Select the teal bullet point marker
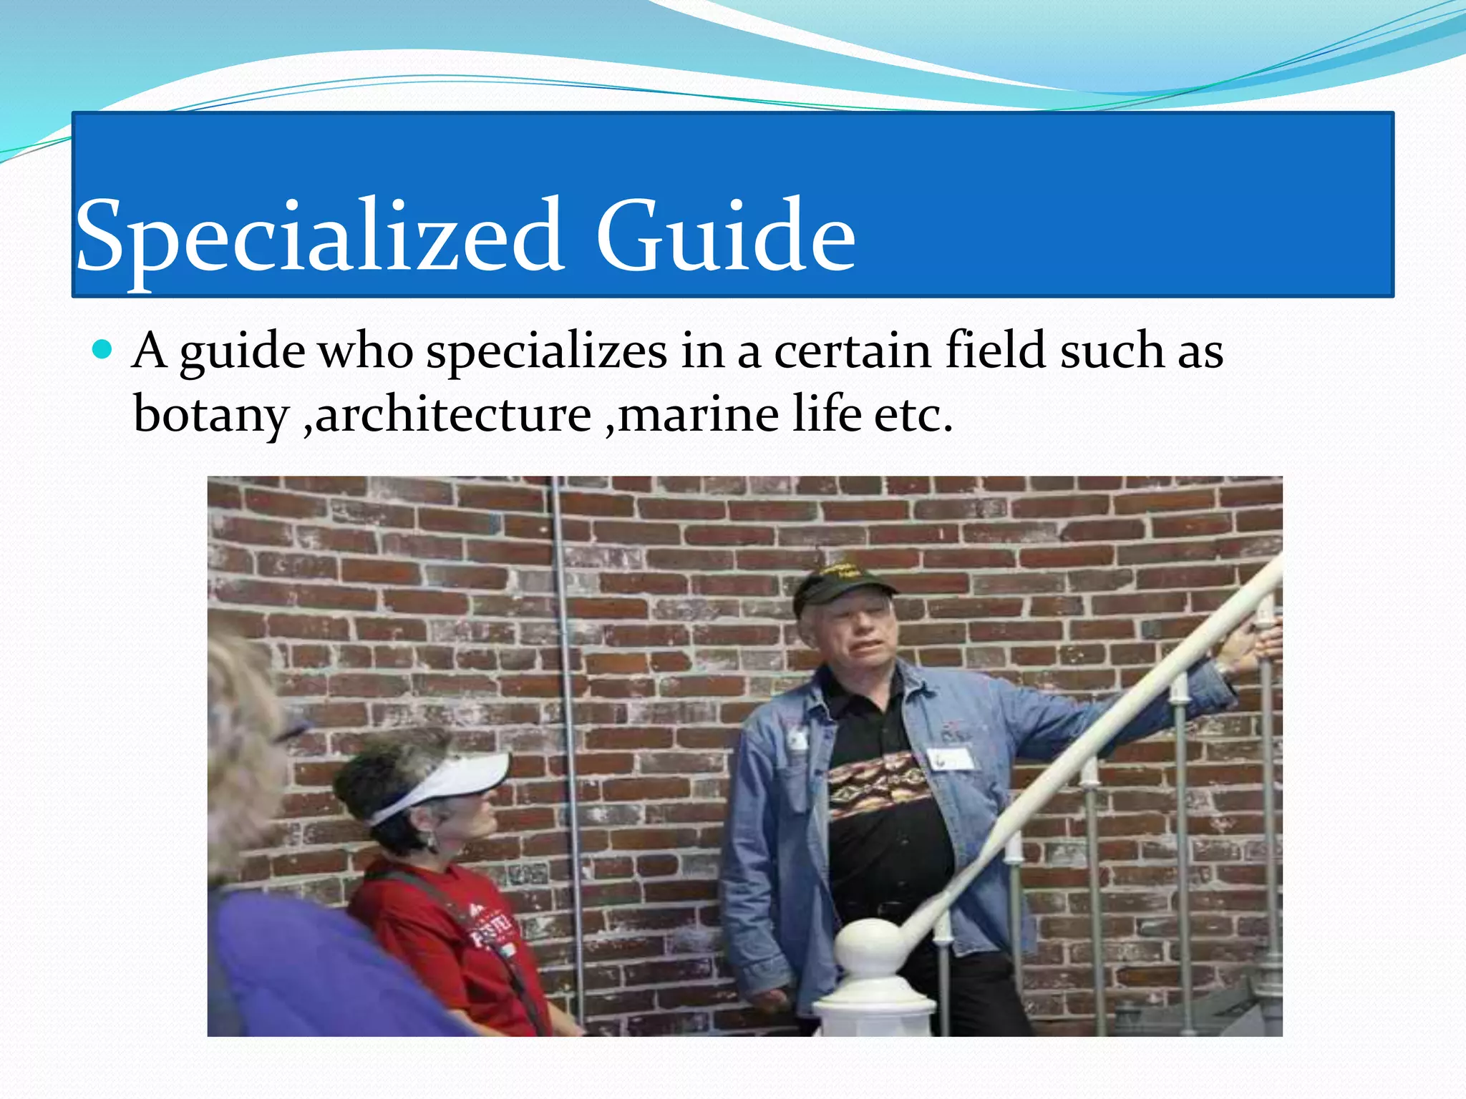tap(103, 350)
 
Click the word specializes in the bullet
tap(547, 352)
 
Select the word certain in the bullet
tap(853, 352)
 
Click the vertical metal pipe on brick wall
tap(567, 715)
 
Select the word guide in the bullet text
tap(241, 352)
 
